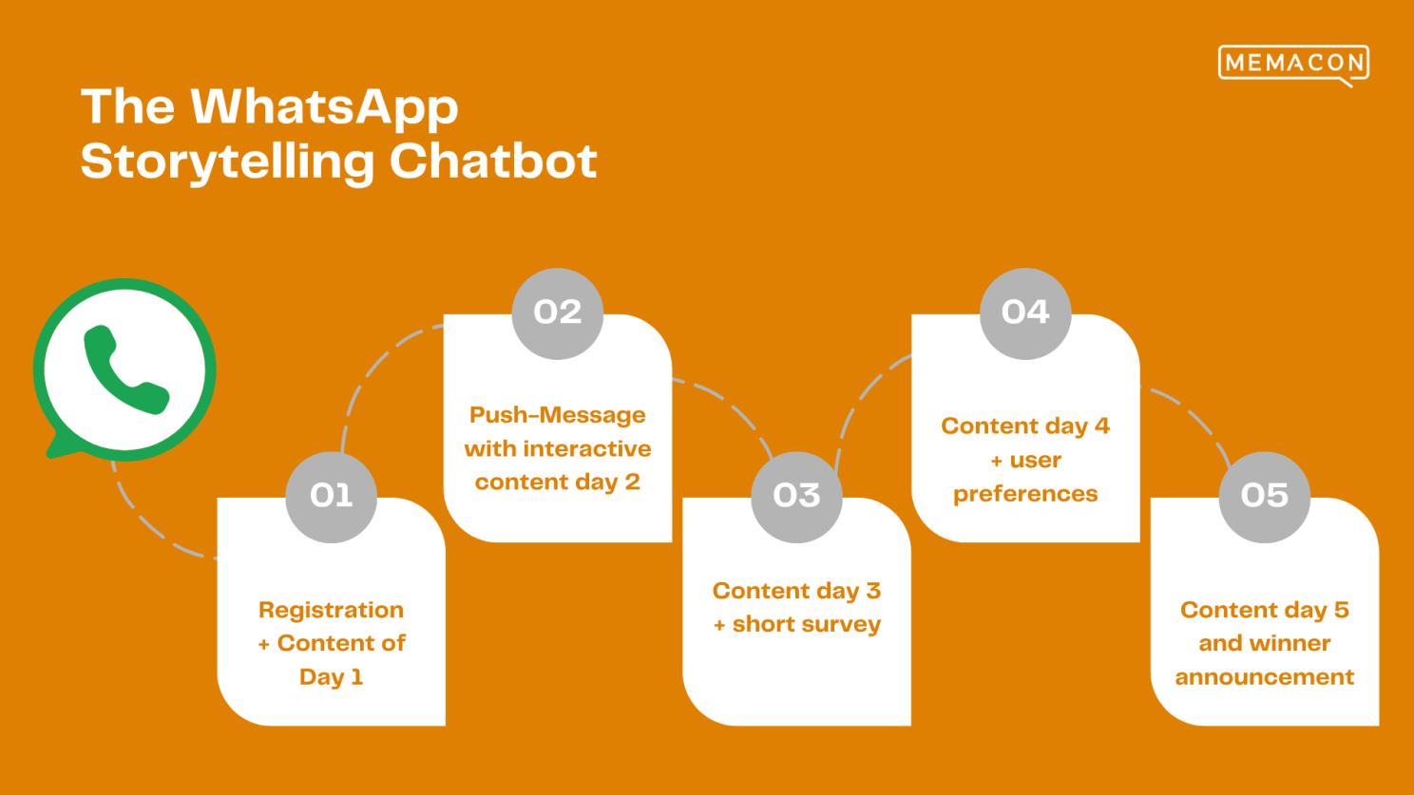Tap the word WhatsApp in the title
pyautogui.click(x=324, y=108)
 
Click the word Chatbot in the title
pyautogui.click(x=493, y=161)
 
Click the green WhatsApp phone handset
pyautogui.click(x=125, y=371)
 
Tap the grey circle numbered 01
pyautogui.click(x=332, y=497)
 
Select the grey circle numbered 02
pyautogui.click(x=558, y=313)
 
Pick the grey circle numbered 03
pyautogui.click(x=796, y=497)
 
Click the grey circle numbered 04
pyautogui.click(x=1025, y=313)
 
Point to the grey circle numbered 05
pyautogui.click(x=1265, y=497)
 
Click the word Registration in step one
pyautogui.click(x=332, y=611)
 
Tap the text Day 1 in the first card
pyautogui.click(x=332, y=677)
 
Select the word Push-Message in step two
pyautogui.click(x=558, y=415)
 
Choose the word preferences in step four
pyautogui.click(x=1025, y=494)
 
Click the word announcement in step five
pyautogui.click(x=1265, y=677)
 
